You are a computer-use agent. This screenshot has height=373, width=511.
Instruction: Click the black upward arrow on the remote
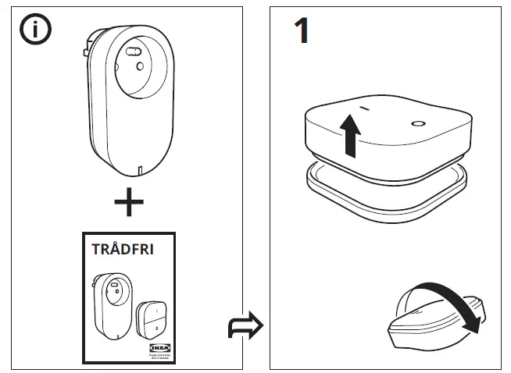click(352, 133)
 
